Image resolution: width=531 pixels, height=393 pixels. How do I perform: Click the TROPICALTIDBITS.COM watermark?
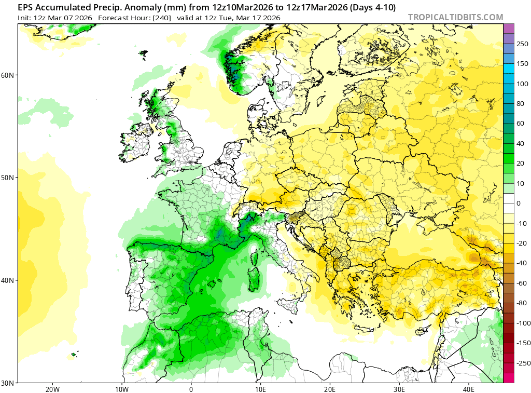pyautogui.click(x=455, y=17)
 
